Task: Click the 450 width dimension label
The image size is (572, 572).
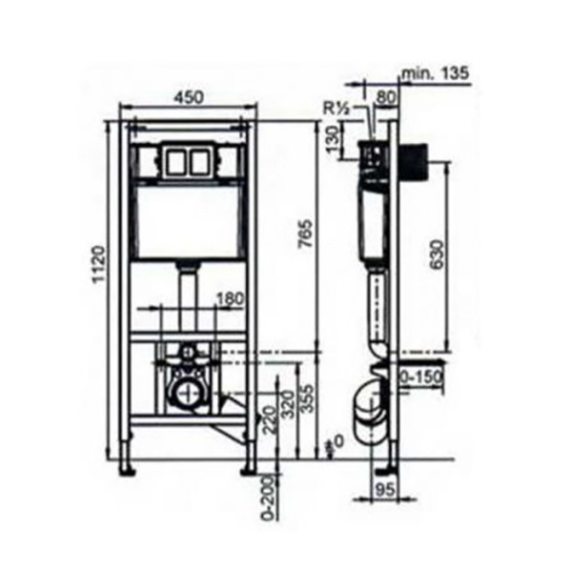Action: click(189, 98)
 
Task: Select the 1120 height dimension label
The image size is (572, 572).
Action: click(99, 265)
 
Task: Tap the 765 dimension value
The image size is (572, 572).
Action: click(305, 234)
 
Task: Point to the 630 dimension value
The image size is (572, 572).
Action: click(437, 255)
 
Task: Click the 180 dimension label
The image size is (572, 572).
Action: click(230, 299)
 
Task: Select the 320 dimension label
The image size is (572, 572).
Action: click(289, 405)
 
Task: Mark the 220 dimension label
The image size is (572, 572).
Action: click(270, 419)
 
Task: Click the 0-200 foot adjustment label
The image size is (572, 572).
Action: click(269, 497)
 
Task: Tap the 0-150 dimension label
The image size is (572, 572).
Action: click(421, 378)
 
